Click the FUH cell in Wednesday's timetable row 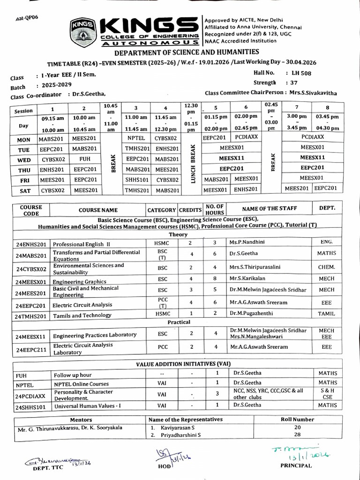tap(85, 159)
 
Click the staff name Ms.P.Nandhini tap(247, 242)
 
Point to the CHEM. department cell tap(326, 267)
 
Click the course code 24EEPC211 tap(31, 350)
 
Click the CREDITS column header tap(190, 210)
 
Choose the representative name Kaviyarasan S tap(178, 427)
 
